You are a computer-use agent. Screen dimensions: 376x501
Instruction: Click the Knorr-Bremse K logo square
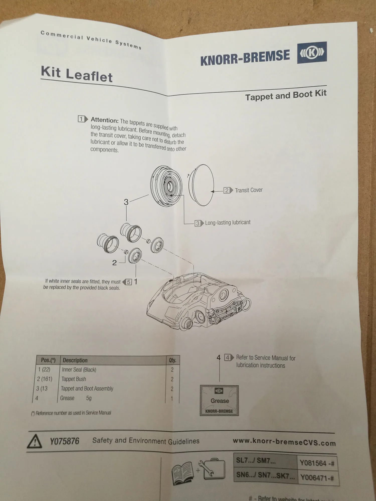pyautogui.click(x=312, y=53)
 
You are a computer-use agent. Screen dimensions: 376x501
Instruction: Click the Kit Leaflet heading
pyautogui.click(x=77, y=74)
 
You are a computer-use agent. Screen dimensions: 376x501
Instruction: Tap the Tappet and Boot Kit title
pyautogui.click(x=286, y=95)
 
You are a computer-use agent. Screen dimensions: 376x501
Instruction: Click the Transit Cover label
pyautogui.click(x=248, y=190)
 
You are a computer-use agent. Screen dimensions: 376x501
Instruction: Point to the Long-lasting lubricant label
pyautogui.click(x=228, y=222)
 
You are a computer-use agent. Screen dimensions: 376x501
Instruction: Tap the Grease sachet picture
pyautogui.click(x=219, y=401)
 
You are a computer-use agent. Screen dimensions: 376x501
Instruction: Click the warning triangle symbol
pyautogui.click(x=35, y=442)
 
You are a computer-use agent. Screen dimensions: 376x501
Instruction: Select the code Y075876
pyautogui.click(x=65, y=441)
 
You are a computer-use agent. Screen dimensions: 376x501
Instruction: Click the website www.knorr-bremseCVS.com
pyautogui.click(x=284, y=442)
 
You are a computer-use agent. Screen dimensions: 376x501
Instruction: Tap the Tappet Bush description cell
pyautogui.click(x=74, y=379)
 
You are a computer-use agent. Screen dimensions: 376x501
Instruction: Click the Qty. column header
pyautogui.click(x=172, y=360)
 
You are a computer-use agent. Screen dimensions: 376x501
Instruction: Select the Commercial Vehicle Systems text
pyautogui.click(x=91, y=40)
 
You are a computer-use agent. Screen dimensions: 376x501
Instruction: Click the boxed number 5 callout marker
pyautogui.click(x=129, y=282)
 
